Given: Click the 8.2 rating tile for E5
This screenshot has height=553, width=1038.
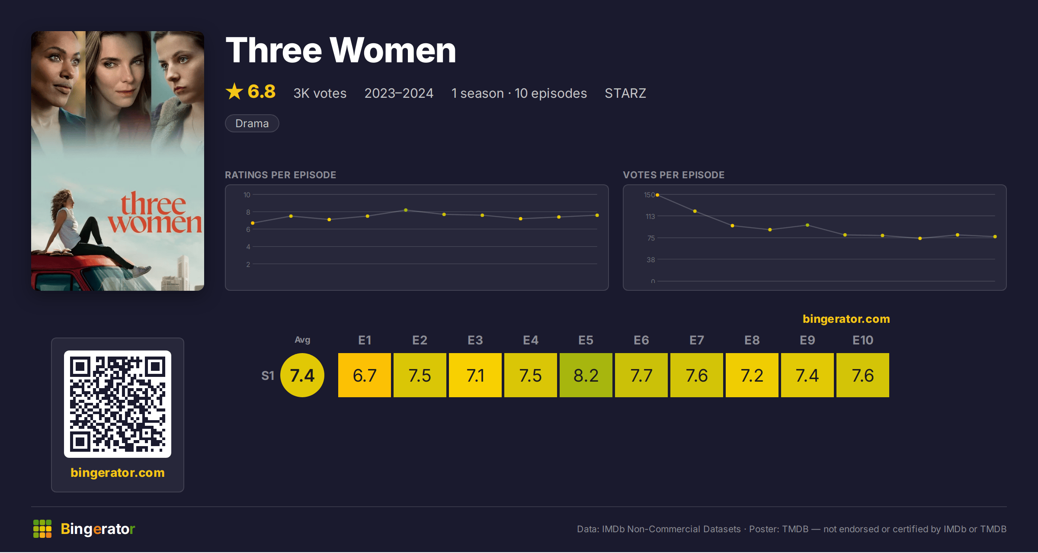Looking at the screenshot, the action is (586, 375).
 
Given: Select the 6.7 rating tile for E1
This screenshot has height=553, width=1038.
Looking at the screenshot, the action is (364, 375).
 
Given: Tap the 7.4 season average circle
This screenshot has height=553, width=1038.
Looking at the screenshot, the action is (302, 375).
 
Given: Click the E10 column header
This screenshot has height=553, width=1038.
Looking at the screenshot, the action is (863, 340).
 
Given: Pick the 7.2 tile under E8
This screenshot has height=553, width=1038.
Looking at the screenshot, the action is (752, 375).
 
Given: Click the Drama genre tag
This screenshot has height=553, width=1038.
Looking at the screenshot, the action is (252, 123).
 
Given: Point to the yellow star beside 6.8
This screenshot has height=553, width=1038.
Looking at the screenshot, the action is (234, 91).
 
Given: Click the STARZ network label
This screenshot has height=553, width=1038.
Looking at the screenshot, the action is (625, 93).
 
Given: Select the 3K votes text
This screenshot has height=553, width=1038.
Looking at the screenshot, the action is (320, 93).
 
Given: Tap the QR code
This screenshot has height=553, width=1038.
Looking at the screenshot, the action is (118, 404).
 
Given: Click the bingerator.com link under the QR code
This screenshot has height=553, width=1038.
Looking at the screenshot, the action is (118, 473).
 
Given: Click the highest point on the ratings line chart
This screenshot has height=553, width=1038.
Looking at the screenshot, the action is (406, 210).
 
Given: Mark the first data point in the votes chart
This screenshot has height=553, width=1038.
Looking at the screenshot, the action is (657, 195).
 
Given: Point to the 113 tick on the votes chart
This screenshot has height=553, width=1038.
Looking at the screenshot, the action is (650, 216).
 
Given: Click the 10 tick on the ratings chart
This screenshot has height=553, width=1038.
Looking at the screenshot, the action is (247, 195).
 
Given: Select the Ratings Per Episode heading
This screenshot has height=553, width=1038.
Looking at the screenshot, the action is (280, 175).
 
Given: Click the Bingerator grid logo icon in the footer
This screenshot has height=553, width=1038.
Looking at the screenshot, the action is (42, 529).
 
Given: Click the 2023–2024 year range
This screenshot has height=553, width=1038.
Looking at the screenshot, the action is (399, 93).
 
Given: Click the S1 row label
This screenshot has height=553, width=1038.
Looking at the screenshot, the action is (268, 376).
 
